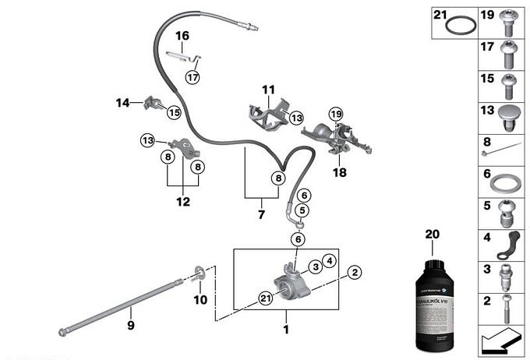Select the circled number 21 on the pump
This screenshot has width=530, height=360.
click(266, 297)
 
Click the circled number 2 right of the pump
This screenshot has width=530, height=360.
click(355, 272)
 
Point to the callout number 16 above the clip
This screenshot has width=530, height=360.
click(182, 36)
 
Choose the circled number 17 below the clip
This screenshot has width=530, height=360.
click(192, 76)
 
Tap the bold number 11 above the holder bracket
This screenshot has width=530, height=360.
click(268, 89)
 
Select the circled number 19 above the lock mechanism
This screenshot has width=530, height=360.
click(336, 114)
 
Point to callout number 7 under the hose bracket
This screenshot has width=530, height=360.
click(261, 213)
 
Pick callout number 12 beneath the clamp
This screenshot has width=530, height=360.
click(183, 202)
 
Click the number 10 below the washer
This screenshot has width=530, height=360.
click(200, 300)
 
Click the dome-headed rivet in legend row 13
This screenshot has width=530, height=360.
click(506, 116)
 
